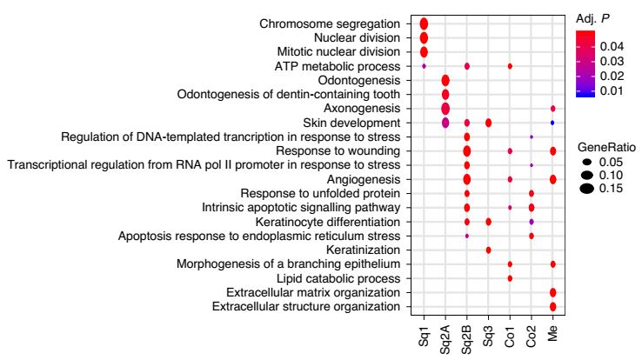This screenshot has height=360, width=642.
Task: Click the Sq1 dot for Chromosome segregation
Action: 424,23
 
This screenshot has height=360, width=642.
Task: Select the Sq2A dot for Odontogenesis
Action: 445,80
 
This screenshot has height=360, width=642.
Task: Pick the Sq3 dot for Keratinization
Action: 488,250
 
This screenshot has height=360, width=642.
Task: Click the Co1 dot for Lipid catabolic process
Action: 510,278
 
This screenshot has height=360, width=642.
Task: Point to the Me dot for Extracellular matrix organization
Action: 552,292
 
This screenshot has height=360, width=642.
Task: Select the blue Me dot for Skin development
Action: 552,123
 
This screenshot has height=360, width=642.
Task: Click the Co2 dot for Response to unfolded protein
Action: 532,193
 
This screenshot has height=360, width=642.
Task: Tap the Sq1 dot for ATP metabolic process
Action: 424,66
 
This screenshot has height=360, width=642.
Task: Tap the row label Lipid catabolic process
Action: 338,278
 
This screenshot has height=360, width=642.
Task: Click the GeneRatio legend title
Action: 606,146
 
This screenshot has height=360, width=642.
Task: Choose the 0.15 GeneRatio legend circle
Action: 588,188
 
